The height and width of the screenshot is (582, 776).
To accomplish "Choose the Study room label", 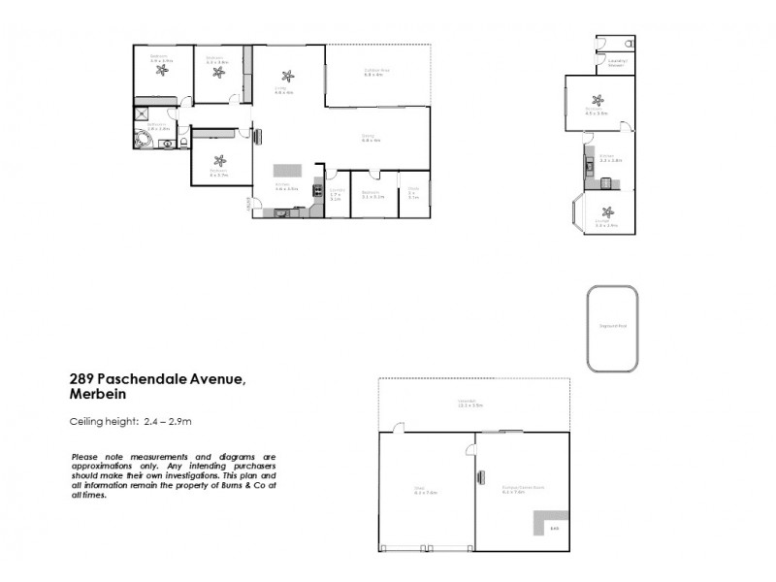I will (x=412, y=190).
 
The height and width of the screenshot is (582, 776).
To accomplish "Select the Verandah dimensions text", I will (x=469, y=407).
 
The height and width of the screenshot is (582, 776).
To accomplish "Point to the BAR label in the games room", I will (x=554, y=528).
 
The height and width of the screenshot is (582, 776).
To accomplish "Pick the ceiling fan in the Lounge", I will (x=607, y=212).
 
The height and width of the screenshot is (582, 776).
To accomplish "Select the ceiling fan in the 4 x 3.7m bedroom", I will (x=219, y=161).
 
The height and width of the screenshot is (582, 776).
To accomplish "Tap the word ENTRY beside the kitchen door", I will (x=248, y=205).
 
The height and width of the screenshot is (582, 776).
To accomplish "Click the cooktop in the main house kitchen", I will (x=316, y=191).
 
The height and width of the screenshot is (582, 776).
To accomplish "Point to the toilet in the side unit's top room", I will (x=629, y=45).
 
